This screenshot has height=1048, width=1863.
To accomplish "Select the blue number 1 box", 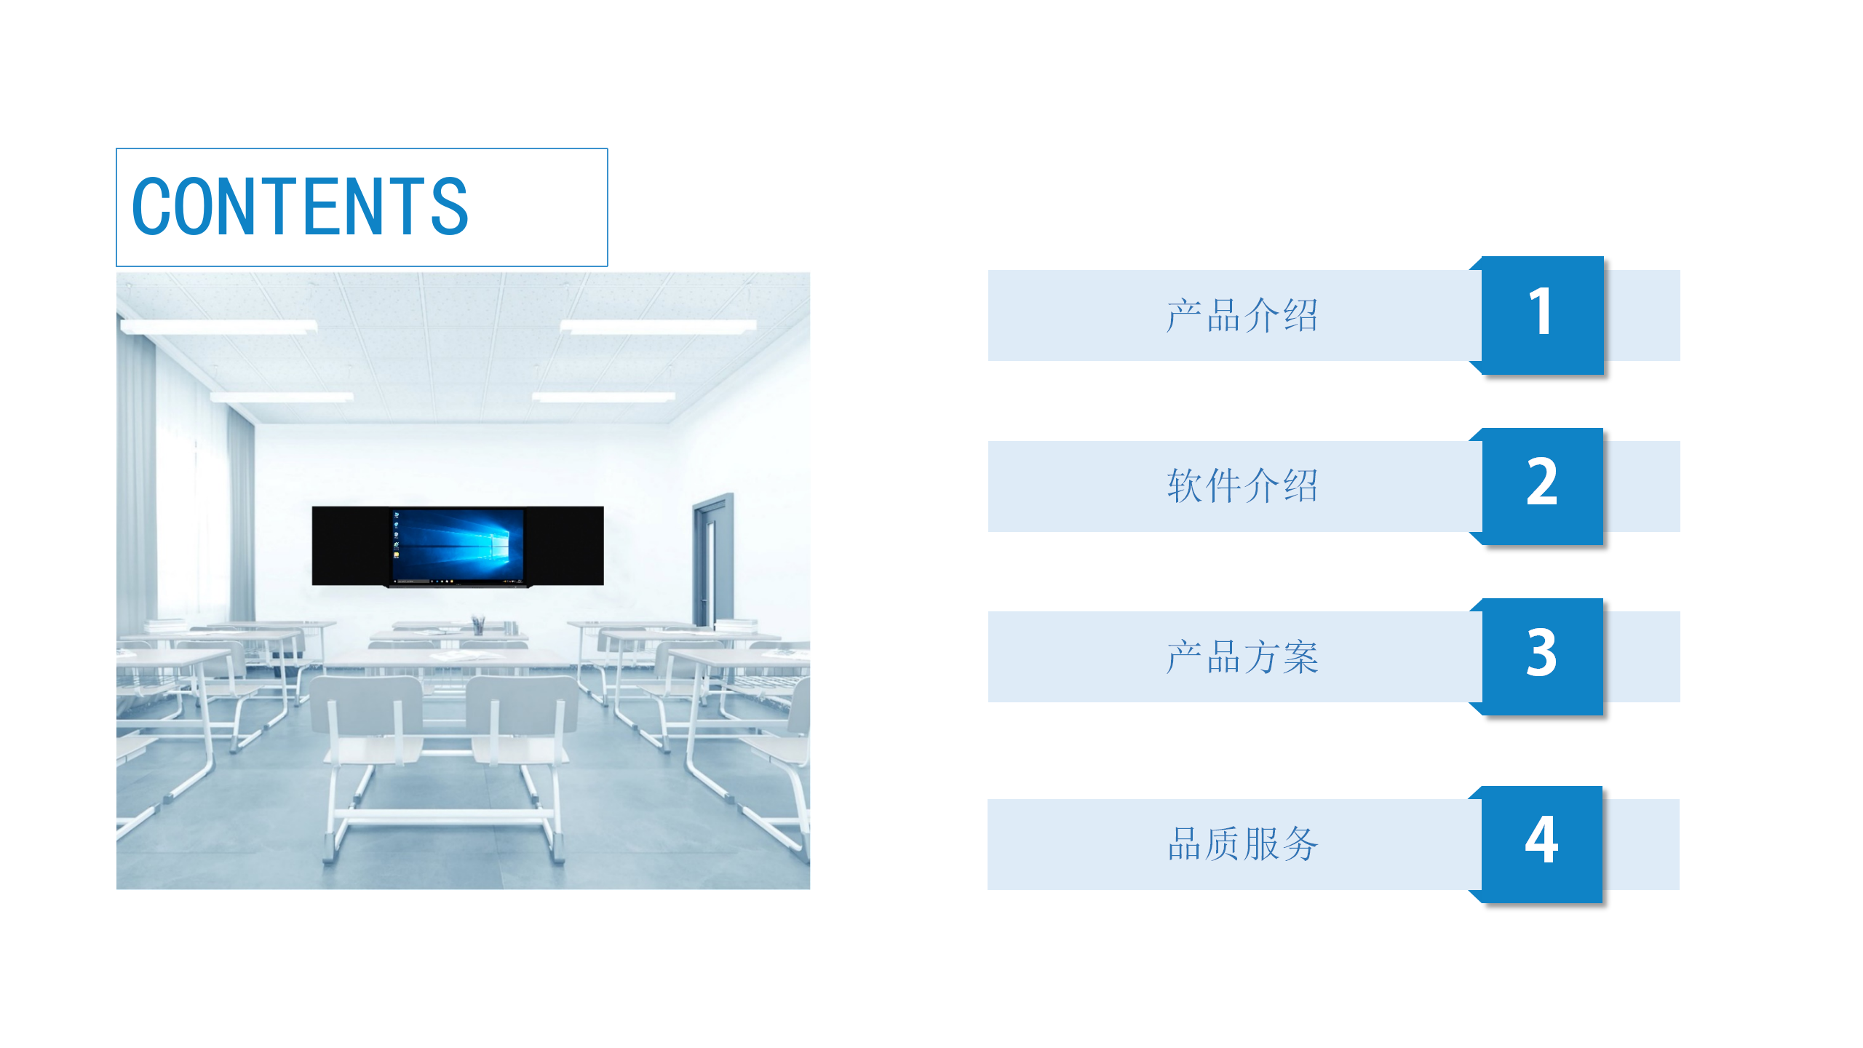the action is [x=1543, y=315].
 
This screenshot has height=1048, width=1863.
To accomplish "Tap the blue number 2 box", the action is [x=1543, y=486].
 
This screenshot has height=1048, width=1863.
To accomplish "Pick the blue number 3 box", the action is [x=1543, y=656].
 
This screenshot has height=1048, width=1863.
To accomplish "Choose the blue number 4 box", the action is [x=1542, y=844].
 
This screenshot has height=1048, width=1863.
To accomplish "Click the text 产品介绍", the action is [x=1242, y=316].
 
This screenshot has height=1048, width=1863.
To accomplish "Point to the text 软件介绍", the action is [x=1242, y=485].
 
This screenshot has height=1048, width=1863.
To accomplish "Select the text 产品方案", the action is [x=1242, y=656].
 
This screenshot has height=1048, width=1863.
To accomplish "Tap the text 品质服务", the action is [x=1242, y=844].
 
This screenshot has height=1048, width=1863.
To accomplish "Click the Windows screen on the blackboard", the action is [x=457, y=547].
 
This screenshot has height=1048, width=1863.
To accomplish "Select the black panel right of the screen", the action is [x=564, y=545].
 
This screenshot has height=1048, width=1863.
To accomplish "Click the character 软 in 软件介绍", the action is [x=1185, y=485].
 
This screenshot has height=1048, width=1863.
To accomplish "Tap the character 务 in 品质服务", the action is [x=1300, y=844].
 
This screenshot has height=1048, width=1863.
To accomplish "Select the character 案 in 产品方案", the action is [x=1300, y=656].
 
